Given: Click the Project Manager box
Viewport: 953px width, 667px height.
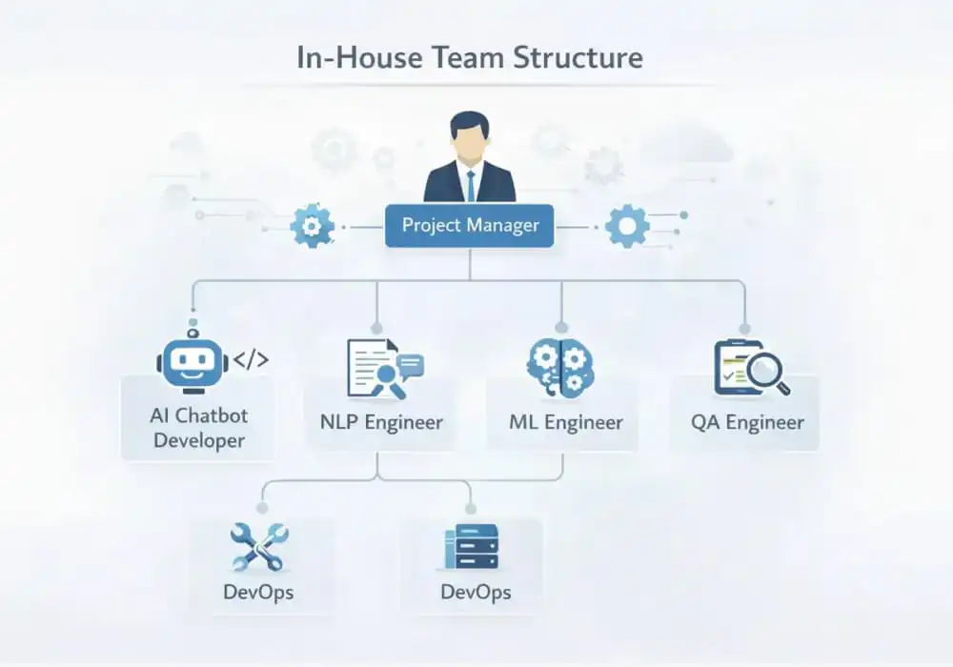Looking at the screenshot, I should point(469,226).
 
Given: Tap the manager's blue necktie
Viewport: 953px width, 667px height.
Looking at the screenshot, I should point(470,184).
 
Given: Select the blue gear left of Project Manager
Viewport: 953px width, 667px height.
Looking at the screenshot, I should point(312,226).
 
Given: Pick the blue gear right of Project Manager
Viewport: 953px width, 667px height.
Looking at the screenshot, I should point(626,226).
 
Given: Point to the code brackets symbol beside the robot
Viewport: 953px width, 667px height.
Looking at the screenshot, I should point(251,359).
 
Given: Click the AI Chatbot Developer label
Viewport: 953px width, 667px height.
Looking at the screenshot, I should point(198,428).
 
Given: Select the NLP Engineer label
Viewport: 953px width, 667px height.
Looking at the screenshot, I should point(380,421).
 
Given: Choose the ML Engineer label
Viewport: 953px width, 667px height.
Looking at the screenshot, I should point(567,421).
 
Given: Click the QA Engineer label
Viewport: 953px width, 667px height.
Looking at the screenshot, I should point(748,421).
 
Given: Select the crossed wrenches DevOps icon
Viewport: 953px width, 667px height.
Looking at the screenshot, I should point(258,547).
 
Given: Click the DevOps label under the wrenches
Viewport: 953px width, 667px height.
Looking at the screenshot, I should point(258,592).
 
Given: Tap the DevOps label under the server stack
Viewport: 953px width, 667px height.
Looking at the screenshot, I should point(476,592).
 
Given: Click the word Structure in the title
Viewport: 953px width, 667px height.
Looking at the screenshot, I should point(578,58).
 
